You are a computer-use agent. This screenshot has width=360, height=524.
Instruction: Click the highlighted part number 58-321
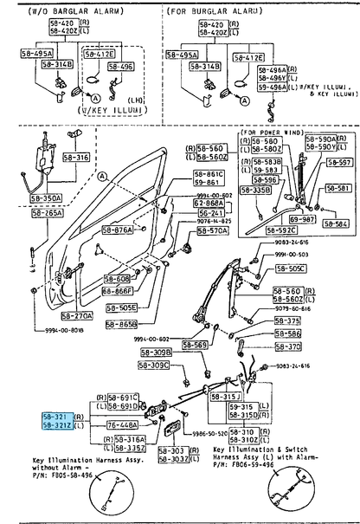(x=58, y=417)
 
